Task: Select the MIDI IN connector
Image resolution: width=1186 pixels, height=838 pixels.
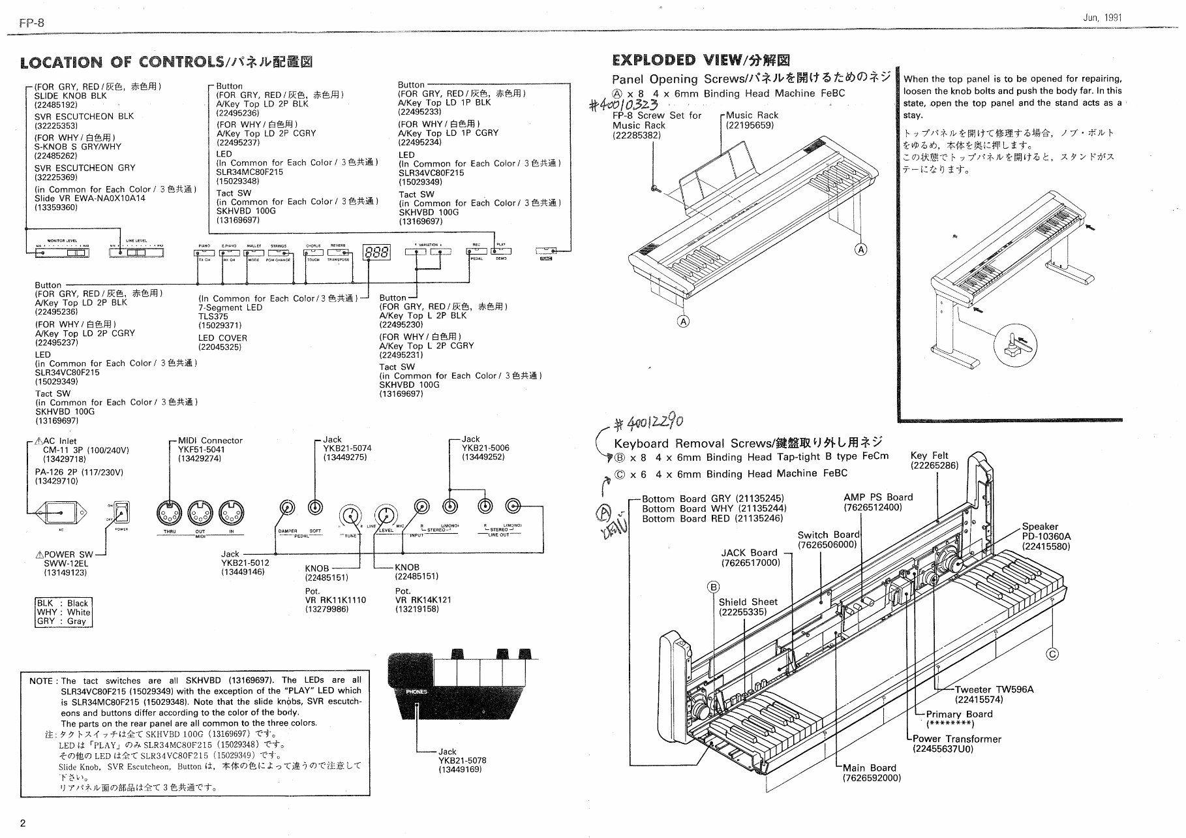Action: [231, 512]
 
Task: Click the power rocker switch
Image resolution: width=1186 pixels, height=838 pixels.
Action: [121, 512]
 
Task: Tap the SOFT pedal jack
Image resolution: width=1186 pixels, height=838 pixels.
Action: [315, 507]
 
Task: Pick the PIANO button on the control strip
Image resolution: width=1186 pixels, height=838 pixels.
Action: [204, 252]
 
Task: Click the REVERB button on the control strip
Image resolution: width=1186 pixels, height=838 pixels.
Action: [338, 252]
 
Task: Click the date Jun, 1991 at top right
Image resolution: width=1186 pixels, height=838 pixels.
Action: [1102, 18]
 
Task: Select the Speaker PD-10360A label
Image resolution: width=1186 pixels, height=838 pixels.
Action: [1046, 536]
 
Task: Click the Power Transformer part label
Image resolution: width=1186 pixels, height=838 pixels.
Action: [956, 739]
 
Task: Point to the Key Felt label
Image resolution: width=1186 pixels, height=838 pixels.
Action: [930, 456]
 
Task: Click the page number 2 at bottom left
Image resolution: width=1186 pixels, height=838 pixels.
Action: [23, 823]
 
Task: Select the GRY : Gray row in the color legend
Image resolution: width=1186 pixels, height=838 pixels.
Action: [63, 621]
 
